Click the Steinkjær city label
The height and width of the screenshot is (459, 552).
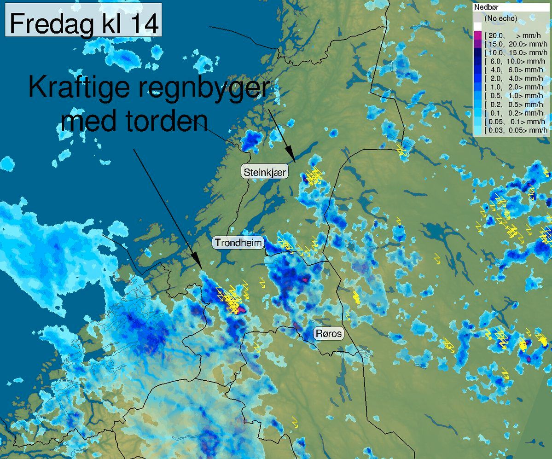point(265,173)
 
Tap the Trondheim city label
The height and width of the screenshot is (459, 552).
point(238,243)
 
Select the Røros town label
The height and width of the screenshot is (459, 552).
point(329,333)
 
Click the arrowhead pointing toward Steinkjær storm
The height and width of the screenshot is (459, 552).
point(290,155)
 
